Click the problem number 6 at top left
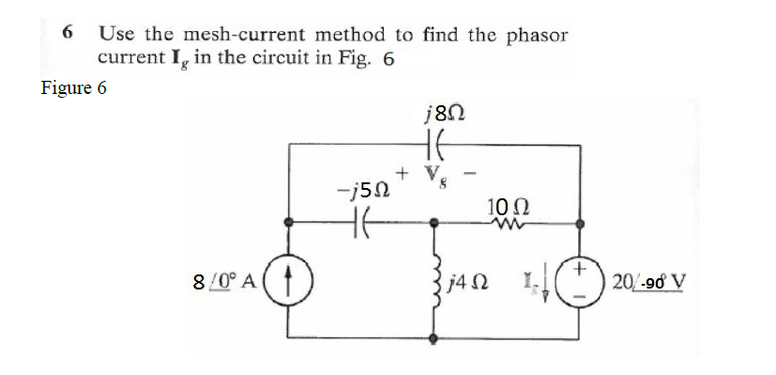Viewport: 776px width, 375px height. tap(68, 33)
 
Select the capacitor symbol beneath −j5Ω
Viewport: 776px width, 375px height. tap(360, 226)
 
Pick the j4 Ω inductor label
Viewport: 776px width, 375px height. tap(469, 281)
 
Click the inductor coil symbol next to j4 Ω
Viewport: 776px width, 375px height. tap(434, 282)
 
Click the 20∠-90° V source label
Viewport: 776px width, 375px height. tap(648, 281)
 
